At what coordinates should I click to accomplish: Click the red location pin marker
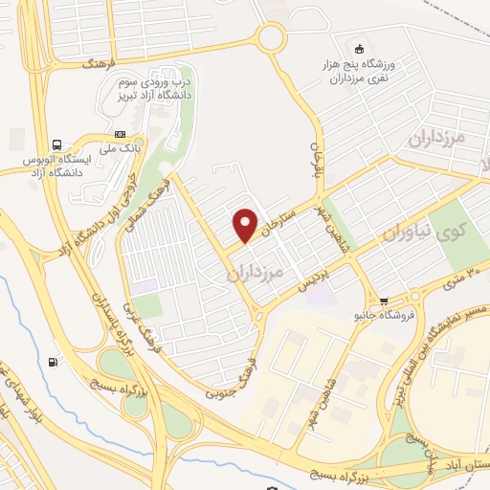(246, 225)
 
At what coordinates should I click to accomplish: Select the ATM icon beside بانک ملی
(120, 135)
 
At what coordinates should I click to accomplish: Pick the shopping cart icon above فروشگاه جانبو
(384, 300)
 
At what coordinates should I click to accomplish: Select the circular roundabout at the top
(271, 38)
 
